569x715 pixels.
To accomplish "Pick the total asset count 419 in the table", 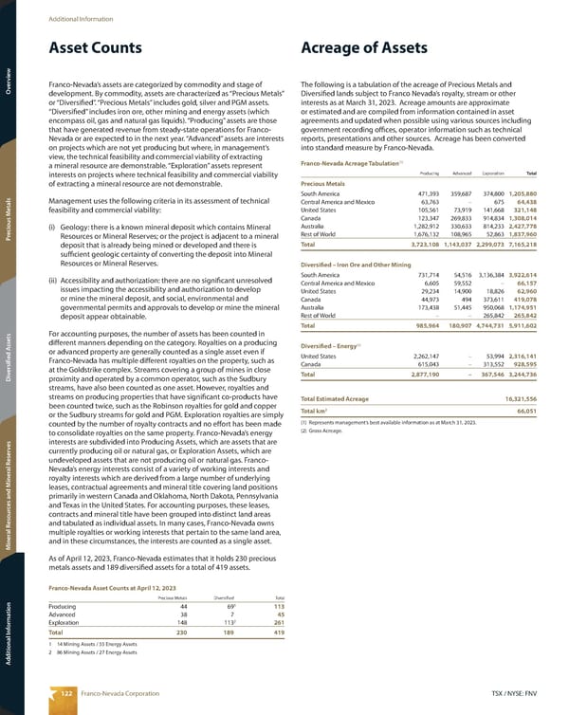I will (x=279, y=632).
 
